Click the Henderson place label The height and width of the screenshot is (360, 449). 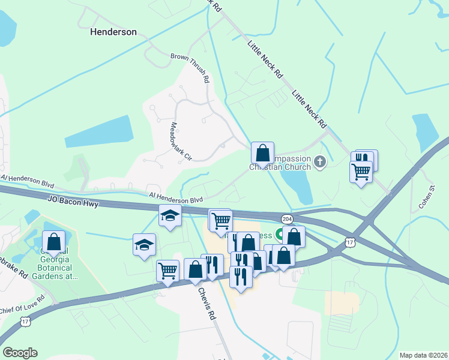[x=113, y=32]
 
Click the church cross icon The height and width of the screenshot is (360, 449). [x=320, y=161]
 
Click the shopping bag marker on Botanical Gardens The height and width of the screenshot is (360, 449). [x=54, y=243]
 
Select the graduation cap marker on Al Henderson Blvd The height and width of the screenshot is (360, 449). [x=170, y=215]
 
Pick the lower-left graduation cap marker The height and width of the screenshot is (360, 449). [x=144, y=245]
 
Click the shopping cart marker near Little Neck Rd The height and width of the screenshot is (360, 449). [x=360, y=172]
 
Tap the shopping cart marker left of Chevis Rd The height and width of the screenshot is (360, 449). [x=167, y=271]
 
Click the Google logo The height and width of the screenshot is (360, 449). [x=20, y=353]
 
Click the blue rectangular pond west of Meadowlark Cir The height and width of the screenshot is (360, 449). [x=99, y=132]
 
